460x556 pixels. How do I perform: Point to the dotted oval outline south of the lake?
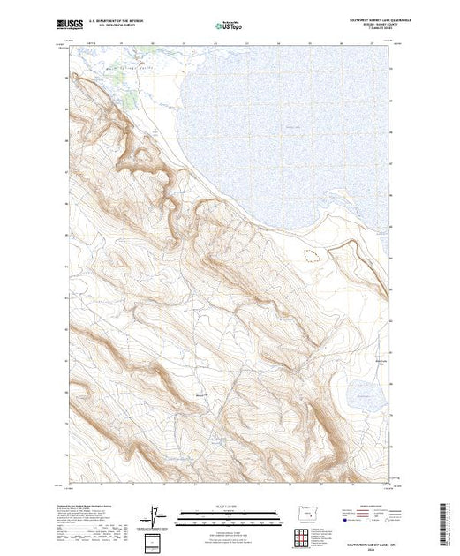311,255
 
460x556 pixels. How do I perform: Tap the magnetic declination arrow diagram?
155,513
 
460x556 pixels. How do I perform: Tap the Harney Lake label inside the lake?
294,129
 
